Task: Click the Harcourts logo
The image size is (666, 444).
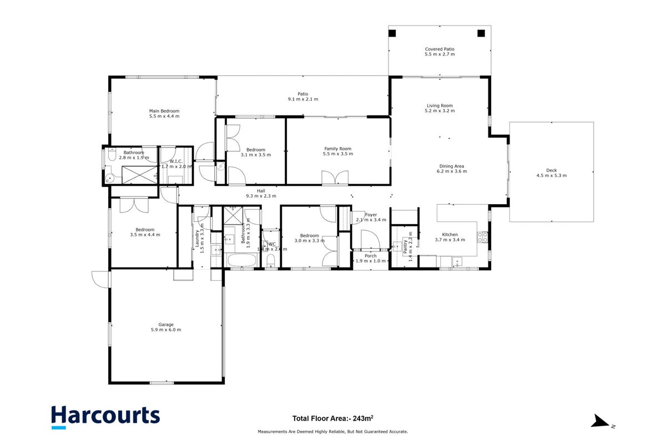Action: (x=105, y=417)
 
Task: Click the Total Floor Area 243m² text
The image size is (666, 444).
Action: (x=332, y=418)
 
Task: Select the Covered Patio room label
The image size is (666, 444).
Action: (x=440, y=49)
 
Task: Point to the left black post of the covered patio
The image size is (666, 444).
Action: (x=392, y=33)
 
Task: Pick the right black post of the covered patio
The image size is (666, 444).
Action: (x=481, y=33)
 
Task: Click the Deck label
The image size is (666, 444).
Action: (x=551, y=170)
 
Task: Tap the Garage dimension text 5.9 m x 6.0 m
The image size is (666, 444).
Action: (x=166, y=330)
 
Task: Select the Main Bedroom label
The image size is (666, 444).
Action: (x=164, y=111)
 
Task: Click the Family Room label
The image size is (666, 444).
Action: (x=338, y=149)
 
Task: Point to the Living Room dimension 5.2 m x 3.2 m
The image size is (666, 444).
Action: (x=440, y=110)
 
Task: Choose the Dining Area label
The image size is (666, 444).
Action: (x=452, y=167)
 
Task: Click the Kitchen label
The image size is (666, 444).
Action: (x=450, y=235)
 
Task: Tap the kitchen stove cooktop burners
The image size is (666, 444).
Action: (x=482, y=237)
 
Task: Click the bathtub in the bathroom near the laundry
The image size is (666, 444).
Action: (x=241, y=260)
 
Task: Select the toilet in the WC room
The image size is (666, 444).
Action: (x=271, y=261)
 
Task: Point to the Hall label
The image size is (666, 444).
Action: (x=261, y=191)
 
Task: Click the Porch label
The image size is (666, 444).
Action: (x=371, y=256)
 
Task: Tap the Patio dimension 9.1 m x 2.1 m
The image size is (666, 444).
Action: (x=302, y=99)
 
